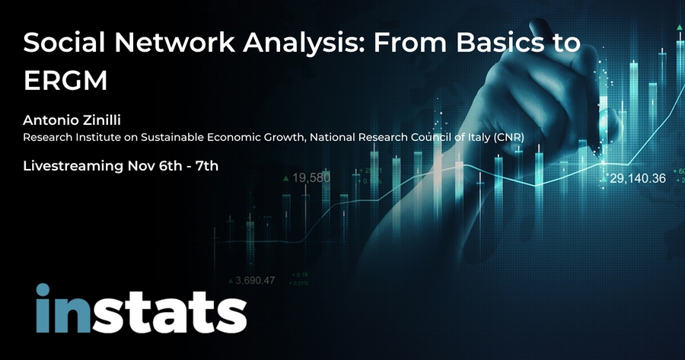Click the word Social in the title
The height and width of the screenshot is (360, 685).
(x=64, y=43)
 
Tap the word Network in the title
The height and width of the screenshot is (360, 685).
(x=174, y=43)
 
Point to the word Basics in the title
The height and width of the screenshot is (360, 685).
(x=495, y=43)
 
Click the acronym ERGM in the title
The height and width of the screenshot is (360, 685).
(x=65, y=80)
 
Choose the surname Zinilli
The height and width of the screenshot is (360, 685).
(x=102, y=119)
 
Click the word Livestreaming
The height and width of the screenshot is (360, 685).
(x=73, y=166)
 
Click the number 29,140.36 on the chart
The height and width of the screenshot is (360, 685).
(x=638, y=178)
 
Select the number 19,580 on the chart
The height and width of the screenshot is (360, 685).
(x=311, y=178)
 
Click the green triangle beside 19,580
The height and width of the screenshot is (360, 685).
(x=286, y=178)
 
